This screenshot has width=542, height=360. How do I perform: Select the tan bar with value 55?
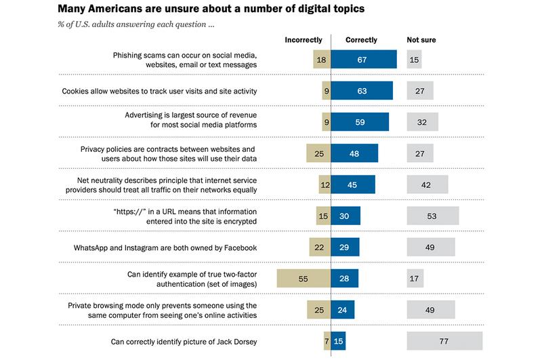[x=304, y=278]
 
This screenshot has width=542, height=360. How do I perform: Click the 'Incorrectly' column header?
[x=303, y=40]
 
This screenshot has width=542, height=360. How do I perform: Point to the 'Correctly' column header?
[x=361, y=40]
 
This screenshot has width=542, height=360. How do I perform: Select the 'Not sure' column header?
[x=421, y=40]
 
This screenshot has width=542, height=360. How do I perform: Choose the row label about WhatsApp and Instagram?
[x=165, y=247]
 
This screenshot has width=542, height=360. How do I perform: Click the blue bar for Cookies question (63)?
[x=362, y=91]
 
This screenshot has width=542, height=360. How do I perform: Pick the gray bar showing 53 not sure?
[x=433, y=216]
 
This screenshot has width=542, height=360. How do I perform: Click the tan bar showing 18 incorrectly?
[x=322, y=60]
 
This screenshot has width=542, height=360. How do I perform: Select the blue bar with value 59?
[x=360, y=122]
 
